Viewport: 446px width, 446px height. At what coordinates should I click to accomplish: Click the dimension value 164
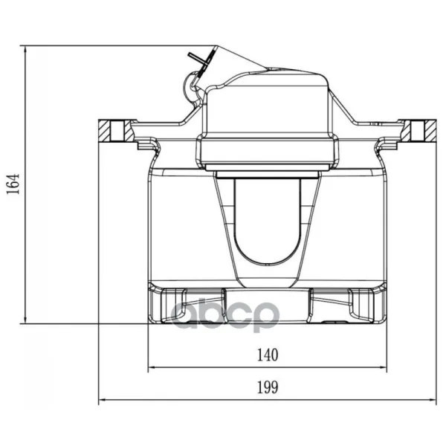click(x=13, y=184)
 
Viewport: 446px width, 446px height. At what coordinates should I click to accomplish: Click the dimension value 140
click(x=268, y=355)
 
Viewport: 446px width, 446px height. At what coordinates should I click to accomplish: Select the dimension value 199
click(x=268, y=387)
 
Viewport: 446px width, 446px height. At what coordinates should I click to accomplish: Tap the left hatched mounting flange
click(x=115, y=131)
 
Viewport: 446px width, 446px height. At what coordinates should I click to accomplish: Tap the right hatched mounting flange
click(x=419, y=131)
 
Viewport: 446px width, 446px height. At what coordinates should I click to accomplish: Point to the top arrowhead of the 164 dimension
click(x=25, y=50)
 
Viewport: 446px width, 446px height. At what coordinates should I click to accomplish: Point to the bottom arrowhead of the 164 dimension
click(x=25, y=320)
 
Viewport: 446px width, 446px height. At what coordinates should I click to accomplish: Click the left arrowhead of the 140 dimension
click(x=152, y=367)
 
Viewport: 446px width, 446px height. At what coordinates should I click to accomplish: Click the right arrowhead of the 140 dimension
click(x=383, y=367)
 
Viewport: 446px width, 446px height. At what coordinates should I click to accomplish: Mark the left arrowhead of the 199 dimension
click(x=103, y=400)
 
